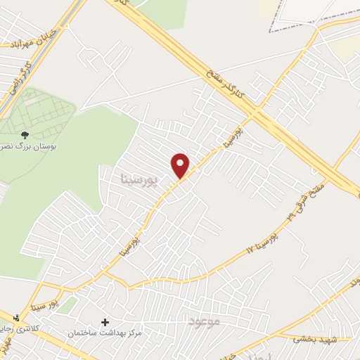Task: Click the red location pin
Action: pos(181,166)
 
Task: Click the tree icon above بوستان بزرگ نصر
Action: pos(25,134)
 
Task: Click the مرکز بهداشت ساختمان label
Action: pos(105,331)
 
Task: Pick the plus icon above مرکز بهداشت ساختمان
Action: pos(105,321)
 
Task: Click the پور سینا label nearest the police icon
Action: pos(46,304)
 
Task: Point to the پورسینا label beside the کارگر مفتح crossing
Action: pos(234,136)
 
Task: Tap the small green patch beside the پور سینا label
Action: pos(67,305)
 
